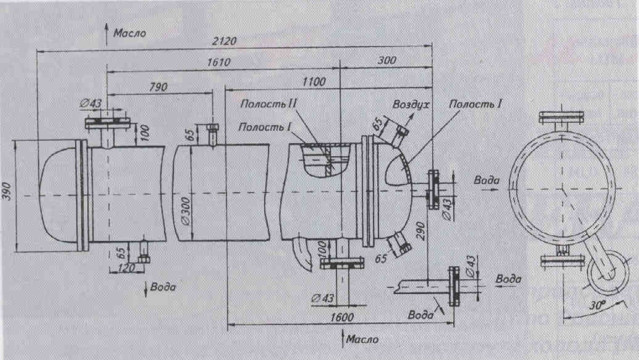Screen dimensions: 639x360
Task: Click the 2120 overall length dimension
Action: click(224, 41)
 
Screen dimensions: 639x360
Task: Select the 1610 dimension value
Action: click(219, 62)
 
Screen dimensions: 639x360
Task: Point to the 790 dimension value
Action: click(158, 87)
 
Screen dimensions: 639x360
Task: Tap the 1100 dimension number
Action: click(314, 82)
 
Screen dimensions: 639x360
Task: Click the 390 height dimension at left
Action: click(7, 191)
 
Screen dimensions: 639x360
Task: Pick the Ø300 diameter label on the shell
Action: click(186, 211)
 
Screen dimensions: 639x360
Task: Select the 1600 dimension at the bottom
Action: click(342, 317)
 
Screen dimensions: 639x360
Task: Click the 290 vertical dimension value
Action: click(422, 231)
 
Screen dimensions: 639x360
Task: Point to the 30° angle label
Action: click(597, 305)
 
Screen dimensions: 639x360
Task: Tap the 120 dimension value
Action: click(126, 268)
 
